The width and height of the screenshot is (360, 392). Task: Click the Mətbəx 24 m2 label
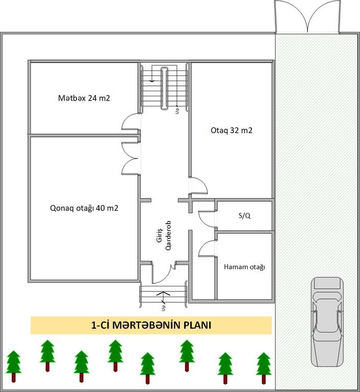(84, 98)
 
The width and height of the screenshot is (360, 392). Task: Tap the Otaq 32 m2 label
(232, 130)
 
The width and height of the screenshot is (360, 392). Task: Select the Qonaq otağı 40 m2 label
(84, 208)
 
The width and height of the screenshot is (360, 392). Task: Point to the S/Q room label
(245, 215)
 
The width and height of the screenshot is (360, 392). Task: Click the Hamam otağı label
(244, 267)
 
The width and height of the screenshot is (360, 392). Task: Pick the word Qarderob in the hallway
(168, 235)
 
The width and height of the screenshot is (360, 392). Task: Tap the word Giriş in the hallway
(159, 235)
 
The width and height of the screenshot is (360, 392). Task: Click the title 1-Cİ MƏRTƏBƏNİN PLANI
(151, 325)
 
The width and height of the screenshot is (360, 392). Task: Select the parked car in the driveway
(327, 322)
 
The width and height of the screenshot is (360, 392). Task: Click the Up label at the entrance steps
(163, 308)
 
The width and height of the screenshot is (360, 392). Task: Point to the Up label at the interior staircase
(177, 111)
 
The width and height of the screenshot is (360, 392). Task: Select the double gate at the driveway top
(307, 16)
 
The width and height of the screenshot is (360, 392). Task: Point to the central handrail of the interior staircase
(164, 88)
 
